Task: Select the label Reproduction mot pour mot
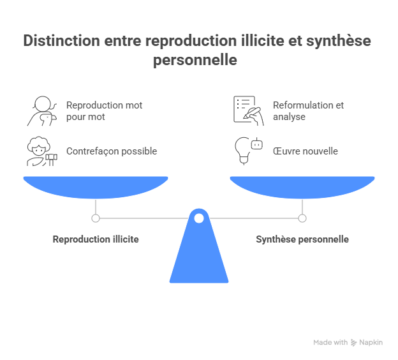[x=104, y=111]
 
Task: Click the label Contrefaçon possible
[x=112, y=151]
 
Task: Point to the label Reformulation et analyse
[x=308, y=111]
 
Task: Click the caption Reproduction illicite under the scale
[x=96, y=239]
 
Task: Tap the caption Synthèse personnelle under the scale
[x=302, y=239]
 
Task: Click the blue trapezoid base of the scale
[x=199, y=255]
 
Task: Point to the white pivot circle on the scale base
[x=199, y=218]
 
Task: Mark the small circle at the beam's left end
[x=96, y=218]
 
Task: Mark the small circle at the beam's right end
[x=302, y=218]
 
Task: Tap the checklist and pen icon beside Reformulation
[x=247, y=110]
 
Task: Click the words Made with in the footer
[x=330, y=343]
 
